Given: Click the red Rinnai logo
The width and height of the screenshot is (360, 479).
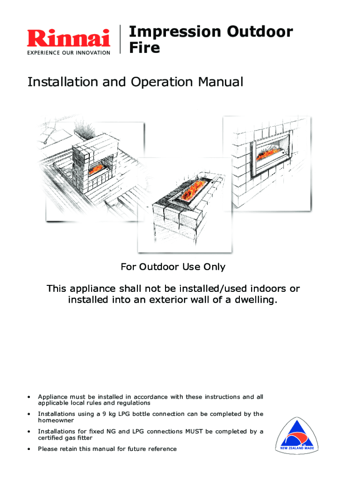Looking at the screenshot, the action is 68,38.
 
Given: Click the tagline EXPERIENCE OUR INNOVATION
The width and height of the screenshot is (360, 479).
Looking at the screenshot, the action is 69,53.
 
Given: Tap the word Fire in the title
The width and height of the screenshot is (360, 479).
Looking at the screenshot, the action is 144,48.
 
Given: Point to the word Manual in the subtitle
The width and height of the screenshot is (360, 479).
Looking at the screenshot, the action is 221,82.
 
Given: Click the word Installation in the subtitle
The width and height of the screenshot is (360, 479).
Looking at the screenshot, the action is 64,82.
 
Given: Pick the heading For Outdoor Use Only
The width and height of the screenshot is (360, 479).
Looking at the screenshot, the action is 173,267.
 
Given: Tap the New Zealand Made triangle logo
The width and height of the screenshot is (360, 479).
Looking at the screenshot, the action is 296,435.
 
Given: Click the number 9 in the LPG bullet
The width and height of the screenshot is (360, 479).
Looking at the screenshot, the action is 104,414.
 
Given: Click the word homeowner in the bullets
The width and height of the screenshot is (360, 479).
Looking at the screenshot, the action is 56,421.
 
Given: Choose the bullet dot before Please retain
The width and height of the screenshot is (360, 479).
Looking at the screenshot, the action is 29,449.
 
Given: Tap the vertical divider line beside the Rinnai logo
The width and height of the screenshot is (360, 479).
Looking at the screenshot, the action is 120,39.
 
